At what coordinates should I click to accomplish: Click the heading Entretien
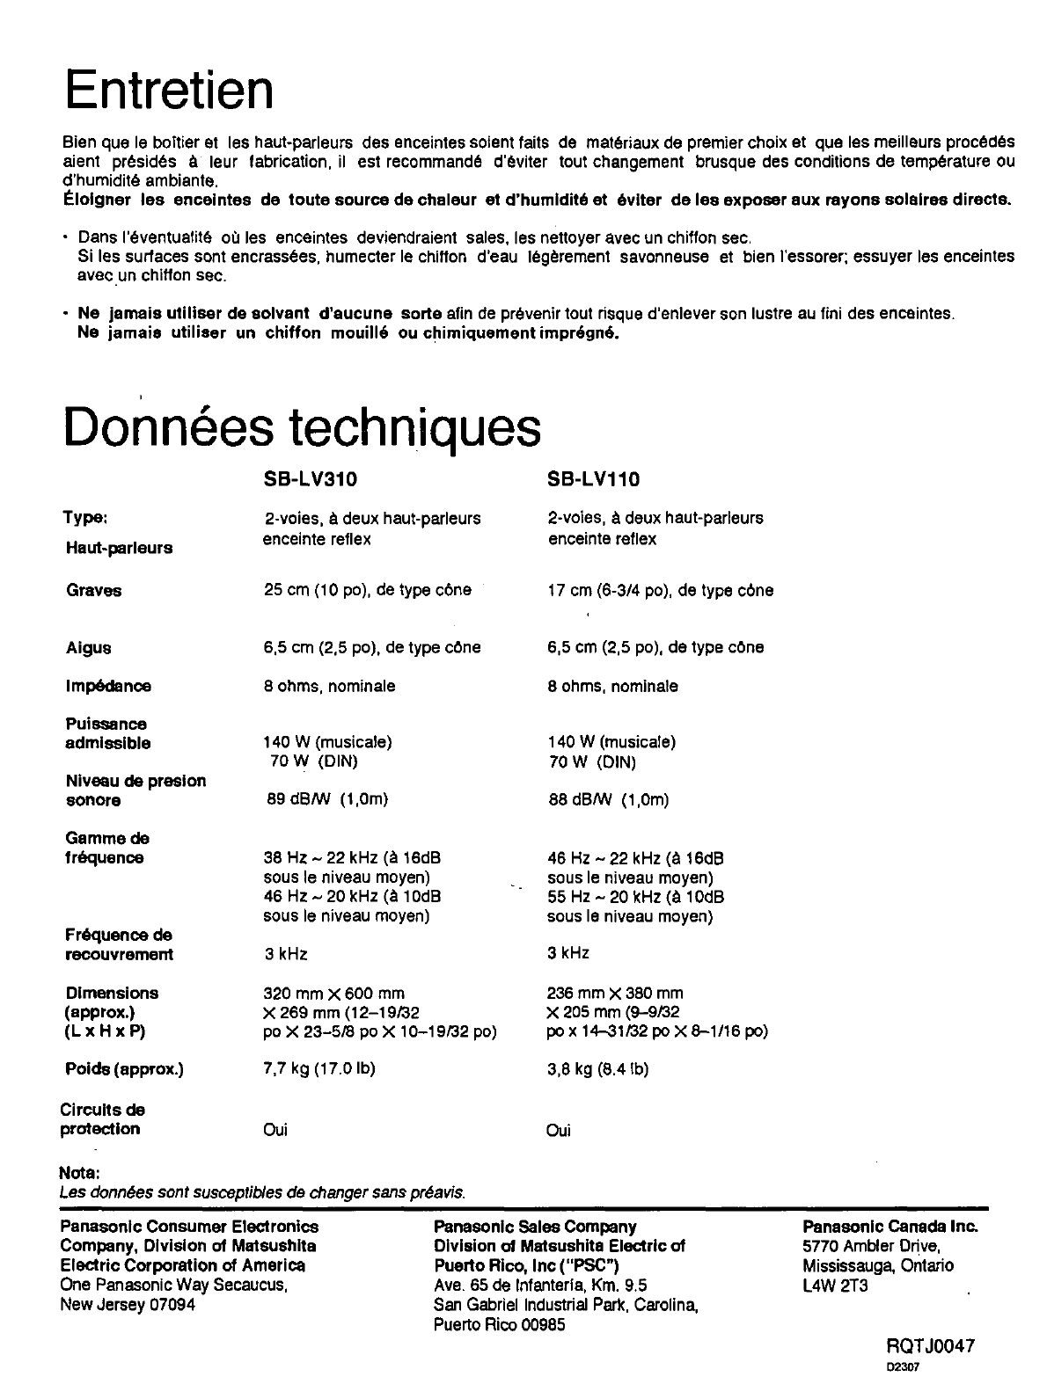coord(169,90)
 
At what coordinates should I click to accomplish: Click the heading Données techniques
coord(302,428)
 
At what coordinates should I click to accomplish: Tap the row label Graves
coord(93,591)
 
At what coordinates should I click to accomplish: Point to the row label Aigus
coord(88,648)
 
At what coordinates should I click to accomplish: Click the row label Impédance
coord(108,686)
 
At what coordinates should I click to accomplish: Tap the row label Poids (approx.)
coord(124,1069)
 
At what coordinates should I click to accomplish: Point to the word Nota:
coord(78,1174)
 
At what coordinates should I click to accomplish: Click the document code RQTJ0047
coord(930,1346)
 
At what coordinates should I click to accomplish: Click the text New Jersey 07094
coord(128,1305)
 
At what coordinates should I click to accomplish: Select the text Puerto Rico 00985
coord(499,1325)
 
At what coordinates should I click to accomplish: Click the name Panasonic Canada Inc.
coord(890,1227)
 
